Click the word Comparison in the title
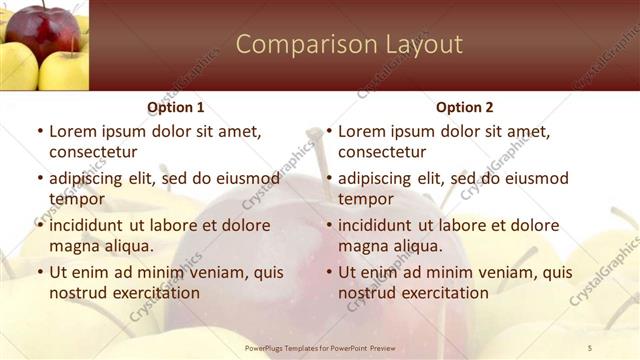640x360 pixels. point(294,45)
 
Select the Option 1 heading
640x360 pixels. point(176,107)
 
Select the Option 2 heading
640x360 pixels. point(465,107)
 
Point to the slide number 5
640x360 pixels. point(590,347)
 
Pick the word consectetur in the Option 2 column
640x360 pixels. point(382,152)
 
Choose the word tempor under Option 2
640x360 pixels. point(366,199)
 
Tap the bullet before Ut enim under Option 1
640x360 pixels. point(39,272)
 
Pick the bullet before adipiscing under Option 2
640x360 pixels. point(328,178)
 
